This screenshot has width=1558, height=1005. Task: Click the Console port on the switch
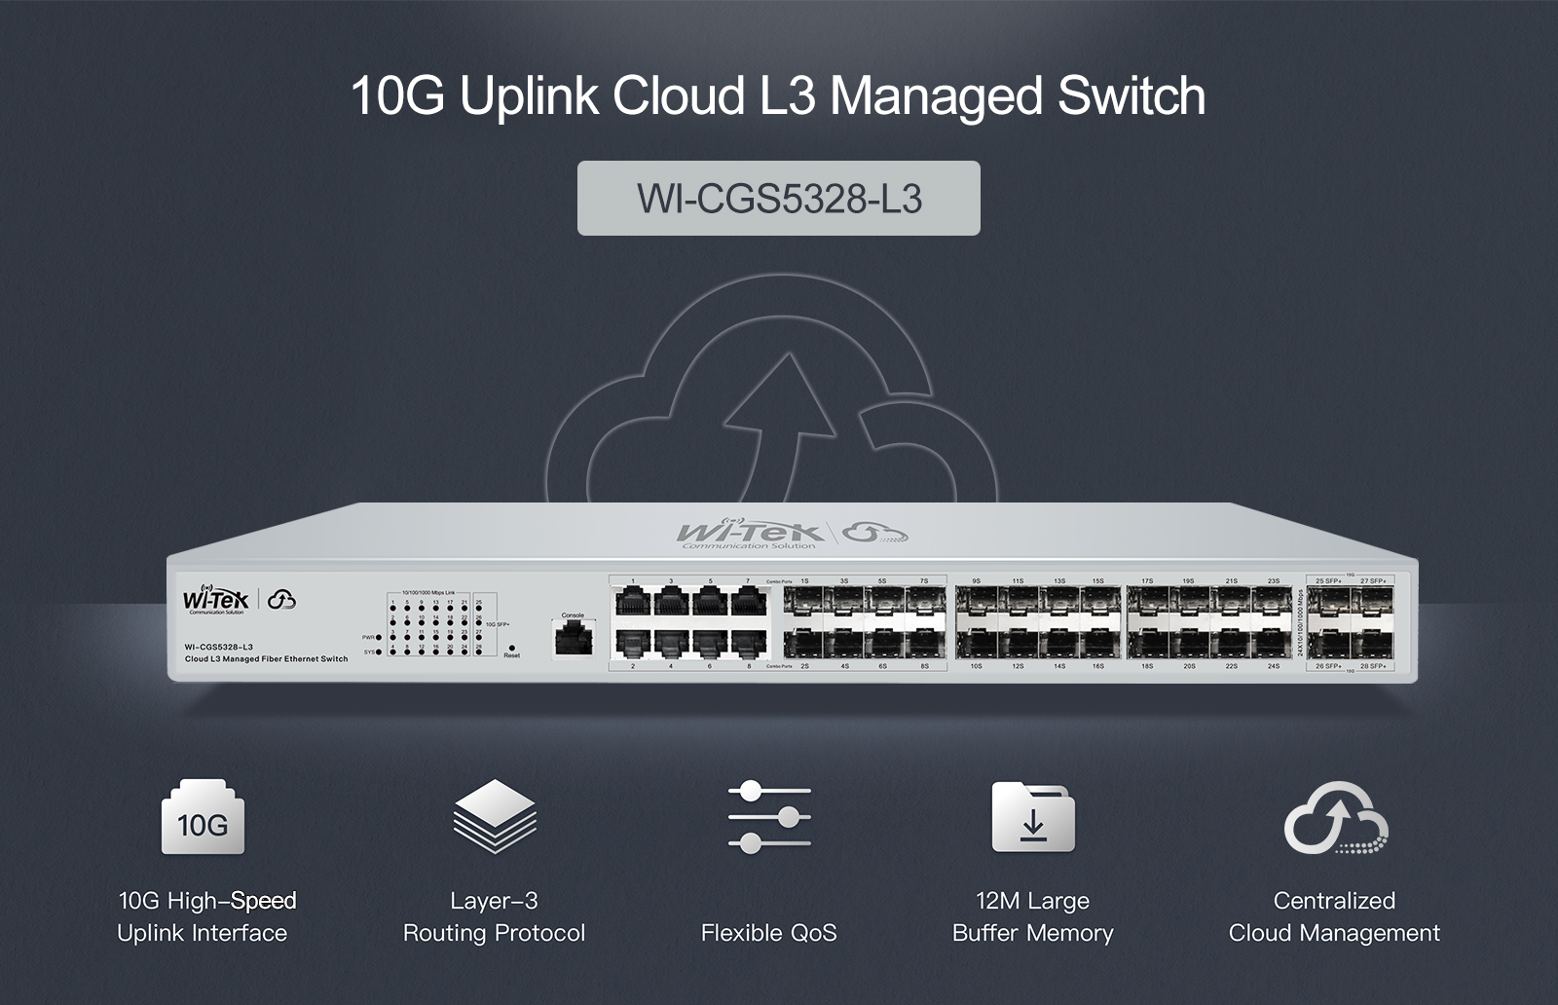573,639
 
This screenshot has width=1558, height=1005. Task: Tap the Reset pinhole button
511,647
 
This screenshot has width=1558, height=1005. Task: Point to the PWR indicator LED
379,637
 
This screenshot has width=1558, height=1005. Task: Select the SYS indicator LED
379,651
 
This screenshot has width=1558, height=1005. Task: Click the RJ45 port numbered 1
632,602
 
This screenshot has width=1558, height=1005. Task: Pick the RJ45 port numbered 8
749,643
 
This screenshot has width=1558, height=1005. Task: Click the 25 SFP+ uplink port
1327,602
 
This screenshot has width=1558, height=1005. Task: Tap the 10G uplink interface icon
203,818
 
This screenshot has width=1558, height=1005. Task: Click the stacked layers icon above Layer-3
495,816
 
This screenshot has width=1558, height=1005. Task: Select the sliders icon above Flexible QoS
769,816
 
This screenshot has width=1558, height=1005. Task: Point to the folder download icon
1033,816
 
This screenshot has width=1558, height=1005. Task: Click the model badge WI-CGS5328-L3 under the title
779,199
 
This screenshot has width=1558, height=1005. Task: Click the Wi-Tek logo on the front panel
216,600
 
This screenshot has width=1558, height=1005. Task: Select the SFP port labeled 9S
977,602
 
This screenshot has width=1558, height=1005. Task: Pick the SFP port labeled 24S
1273,643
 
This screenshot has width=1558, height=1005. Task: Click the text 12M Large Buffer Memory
1033,916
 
